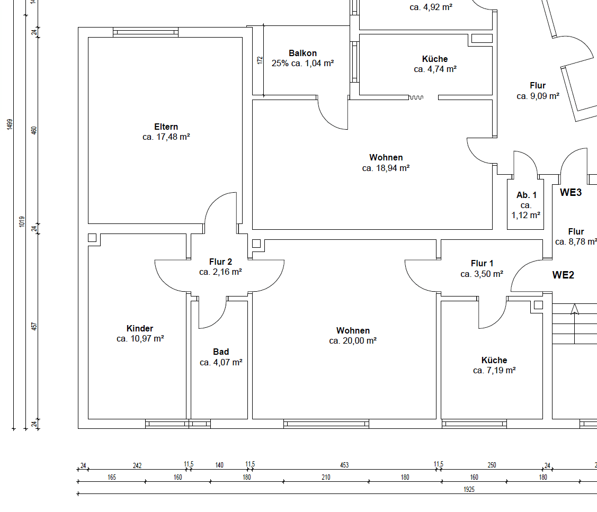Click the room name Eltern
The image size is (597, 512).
click(166, 127)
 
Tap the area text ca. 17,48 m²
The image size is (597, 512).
click(166, 137)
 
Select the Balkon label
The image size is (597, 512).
click(302, 53)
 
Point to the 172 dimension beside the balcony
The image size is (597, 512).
click(260, 60)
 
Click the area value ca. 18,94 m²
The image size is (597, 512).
click(386, 168)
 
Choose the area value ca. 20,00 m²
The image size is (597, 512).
click(352, 341)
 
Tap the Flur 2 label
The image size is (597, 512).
click(220, 262)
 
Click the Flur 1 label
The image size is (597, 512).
click(482, 264)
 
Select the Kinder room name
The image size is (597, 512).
click(140, 329)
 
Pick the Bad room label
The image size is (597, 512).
click(221, 352)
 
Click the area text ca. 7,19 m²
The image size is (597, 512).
click(494, 371)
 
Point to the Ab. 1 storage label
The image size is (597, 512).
click(526, 195)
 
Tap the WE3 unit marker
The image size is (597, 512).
click(571, 193)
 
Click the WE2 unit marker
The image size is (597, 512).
click(563, 275)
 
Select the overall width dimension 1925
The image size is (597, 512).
click(468, 490)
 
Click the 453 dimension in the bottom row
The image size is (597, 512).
click(344, 465)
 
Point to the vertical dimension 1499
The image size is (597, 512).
click(9, 124)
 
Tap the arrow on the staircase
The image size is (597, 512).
click(574, 309)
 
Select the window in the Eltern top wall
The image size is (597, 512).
click(146, 32)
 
